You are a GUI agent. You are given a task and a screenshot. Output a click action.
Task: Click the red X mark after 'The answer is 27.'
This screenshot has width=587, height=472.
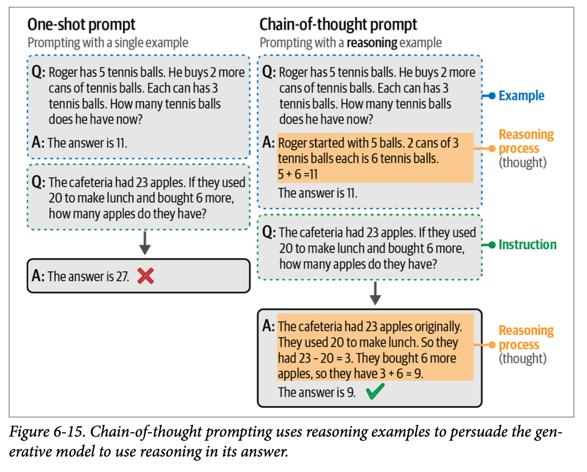point(145,276)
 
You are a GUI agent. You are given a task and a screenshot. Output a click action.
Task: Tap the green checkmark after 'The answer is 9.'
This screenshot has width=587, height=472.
point(375,392)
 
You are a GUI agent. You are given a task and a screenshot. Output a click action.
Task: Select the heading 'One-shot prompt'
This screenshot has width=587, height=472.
point(81,25)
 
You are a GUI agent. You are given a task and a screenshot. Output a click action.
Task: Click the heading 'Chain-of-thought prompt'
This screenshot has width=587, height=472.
point(338,25)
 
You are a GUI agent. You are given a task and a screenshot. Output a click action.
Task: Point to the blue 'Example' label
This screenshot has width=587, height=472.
point(521,96)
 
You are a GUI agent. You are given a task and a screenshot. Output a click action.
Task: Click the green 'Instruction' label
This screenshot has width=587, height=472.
point(527,244)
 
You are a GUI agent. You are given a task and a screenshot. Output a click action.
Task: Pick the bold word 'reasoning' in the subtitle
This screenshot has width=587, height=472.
point(372,43)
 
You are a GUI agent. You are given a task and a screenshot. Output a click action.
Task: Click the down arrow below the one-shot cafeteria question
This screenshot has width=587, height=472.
point(145,243)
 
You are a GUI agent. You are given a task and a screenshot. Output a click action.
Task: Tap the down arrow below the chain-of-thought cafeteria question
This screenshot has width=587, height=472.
point(375,293)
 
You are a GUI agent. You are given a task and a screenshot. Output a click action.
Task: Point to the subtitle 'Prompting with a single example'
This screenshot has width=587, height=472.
point(108,43)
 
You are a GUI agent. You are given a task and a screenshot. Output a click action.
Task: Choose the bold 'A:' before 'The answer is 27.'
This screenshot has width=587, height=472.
point(38,276)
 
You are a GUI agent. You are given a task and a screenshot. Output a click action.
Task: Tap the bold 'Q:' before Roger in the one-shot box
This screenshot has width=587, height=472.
point(38,72)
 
